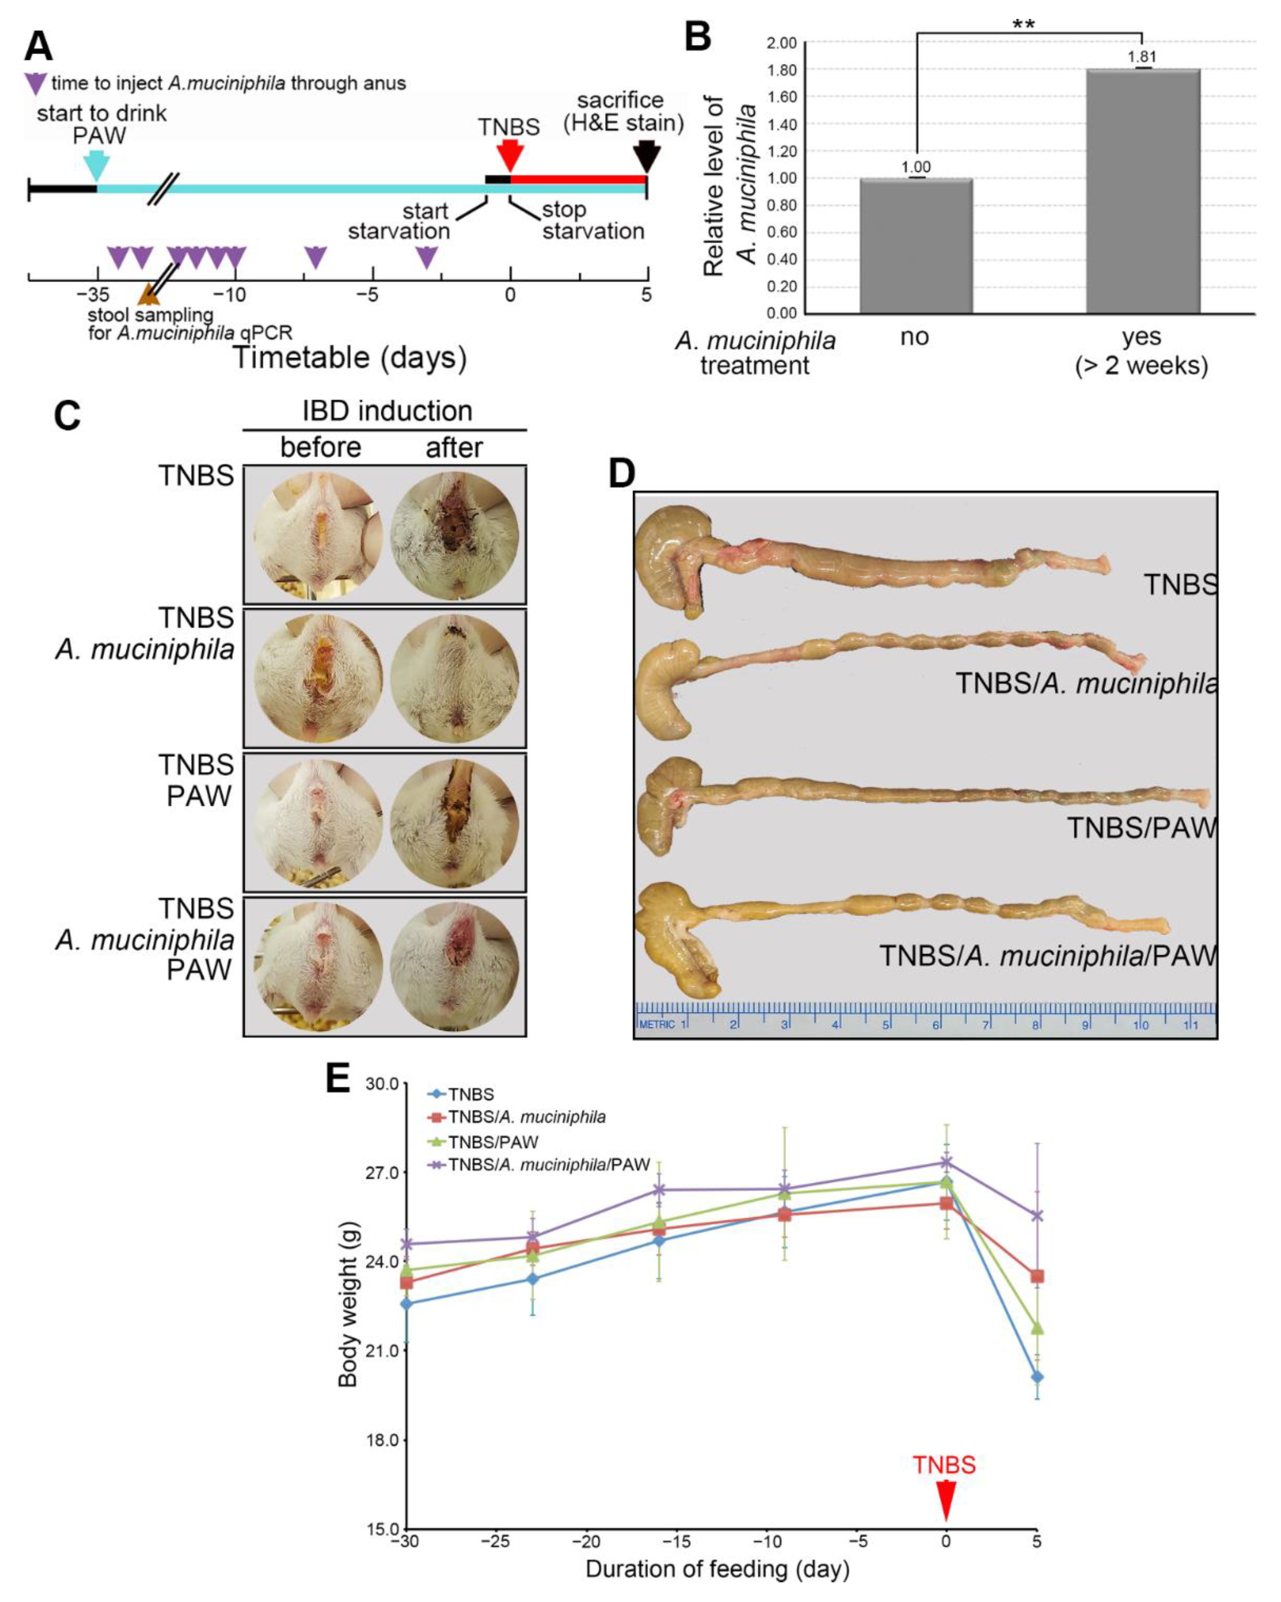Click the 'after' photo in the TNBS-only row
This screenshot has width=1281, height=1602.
pyautogui.click(x=454, y=535)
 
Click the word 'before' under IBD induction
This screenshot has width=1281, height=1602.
pyautogui.click(x=320, y=447)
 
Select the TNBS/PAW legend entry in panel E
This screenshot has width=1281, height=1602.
pyautogui.click(x=491, y=1142)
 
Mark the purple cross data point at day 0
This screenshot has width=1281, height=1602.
pyautogui.click(x=946, y=1162)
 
